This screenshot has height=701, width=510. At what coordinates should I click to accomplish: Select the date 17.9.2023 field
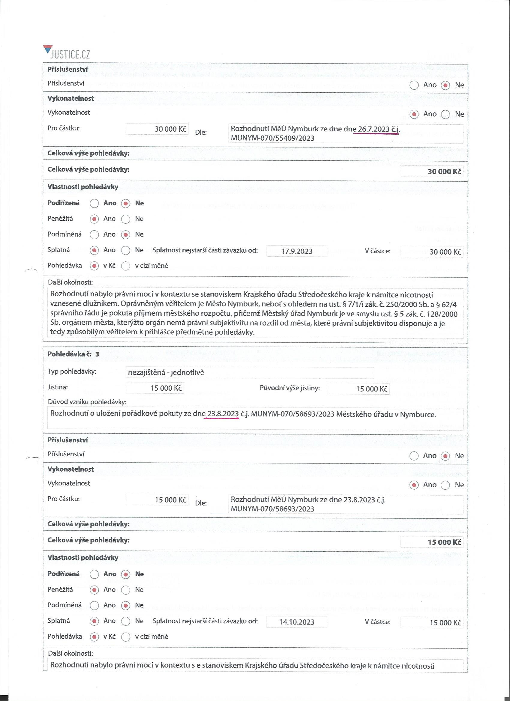pyautogui.click(x=296, y=251)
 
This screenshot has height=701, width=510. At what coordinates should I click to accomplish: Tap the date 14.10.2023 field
pyautogui.click(x=296, y=622)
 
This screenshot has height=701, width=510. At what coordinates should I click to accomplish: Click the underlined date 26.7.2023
pyautogui.click(x=373, y=129)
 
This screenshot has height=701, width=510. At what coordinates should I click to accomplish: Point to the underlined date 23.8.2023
pyautogui.click(x=223, y=414)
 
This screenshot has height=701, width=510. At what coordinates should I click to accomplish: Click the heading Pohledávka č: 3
pyautogui.click(x=73, y=354)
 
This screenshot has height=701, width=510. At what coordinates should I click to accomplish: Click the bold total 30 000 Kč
pyautogui.click(x=444, y=171)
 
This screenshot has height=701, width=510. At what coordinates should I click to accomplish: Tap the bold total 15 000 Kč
pyautogui.click(x=444, y=542)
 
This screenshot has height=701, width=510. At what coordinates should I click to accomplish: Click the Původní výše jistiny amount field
pyautogui.click(x=358, y=389)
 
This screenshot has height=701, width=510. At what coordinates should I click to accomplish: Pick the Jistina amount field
pyautogui.click(x=154, y=388)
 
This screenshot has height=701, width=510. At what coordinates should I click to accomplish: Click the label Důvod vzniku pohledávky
pyautogui.click(x=87, y=402)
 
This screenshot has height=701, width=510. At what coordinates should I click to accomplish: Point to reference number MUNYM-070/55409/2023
pyautogui.click(x=272, y=138)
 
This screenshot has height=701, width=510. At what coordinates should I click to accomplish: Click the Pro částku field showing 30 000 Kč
pyautogui.click(x=157, y=129)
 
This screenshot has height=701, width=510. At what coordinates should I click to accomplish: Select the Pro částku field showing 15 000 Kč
pyautogui.click(x=157, y=500)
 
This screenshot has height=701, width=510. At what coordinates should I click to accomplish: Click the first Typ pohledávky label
pyautogui.click(x=72, y=371)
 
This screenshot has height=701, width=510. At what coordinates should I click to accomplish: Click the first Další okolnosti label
pyautogui.click(x=70, y=282)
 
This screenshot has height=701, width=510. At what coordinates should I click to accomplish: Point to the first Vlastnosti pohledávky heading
pyautogui.click(x=82, y=187)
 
